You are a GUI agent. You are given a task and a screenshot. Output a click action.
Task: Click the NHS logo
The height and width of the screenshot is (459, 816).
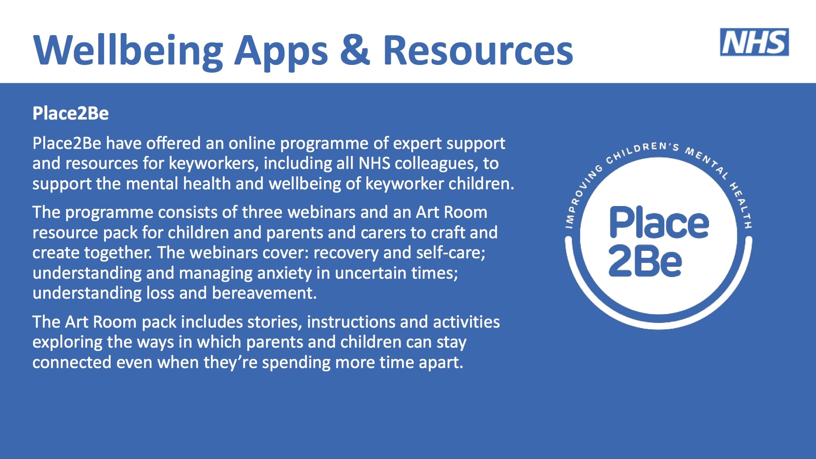754,42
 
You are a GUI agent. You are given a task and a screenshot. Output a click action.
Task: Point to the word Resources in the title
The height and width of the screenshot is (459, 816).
478,50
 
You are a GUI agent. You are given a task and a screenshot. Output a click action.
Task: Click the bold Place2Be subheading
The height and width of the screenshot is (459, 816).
71,113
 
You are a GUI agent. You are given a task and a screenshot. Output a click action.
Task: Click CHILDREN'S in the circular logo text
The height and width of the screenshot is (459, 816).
642,151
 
